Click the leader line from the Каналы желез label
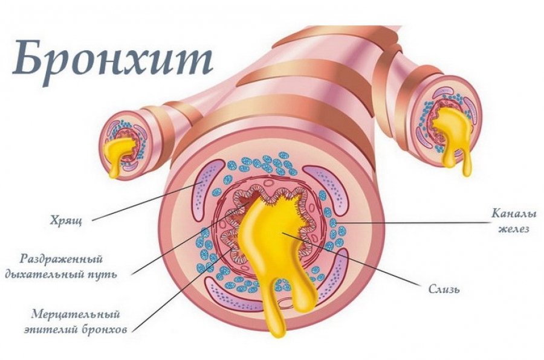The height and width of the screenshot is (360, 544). (x=411, y=222)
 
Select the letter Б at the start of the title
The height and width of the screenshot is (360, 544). (x=28, y=59)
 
